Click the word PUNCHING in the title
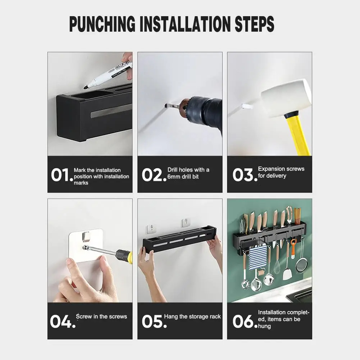click(102, 24)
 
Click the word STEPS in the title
click(254, 24)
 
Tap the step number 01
click(62, 175)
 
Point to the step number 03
click(245, 175)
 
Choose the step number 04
click(63, 321)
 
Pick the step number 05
click(154, 321)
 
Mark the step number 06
click(245, 321)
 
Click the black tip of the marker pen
click(85, 87)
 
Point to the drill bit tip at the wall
click(166, 106)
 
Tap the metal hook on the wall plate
click(86, 237)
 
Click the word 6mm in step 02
click(174, 177)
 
